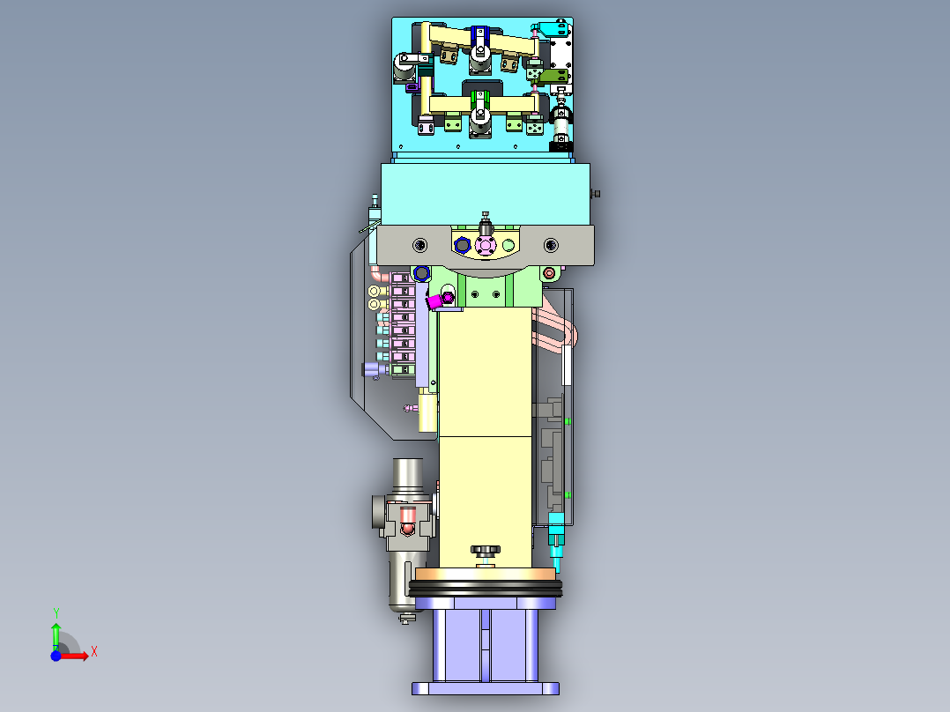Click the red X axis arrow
(x=75, y=656)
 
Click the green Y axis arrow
(x=56, y=636)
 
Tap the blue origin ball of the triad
(x=56, y=656)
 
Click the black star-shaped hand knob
(x=486, y=552)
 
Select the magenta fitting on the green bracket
(x=441, y=300)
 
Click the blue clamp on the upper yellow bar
(x=479, y=37)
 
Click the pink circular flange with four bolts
(x=486, y=246)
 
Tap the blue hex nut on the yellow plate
(x=462, y=246)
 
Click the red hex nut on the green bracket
(x=549, y=273)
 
